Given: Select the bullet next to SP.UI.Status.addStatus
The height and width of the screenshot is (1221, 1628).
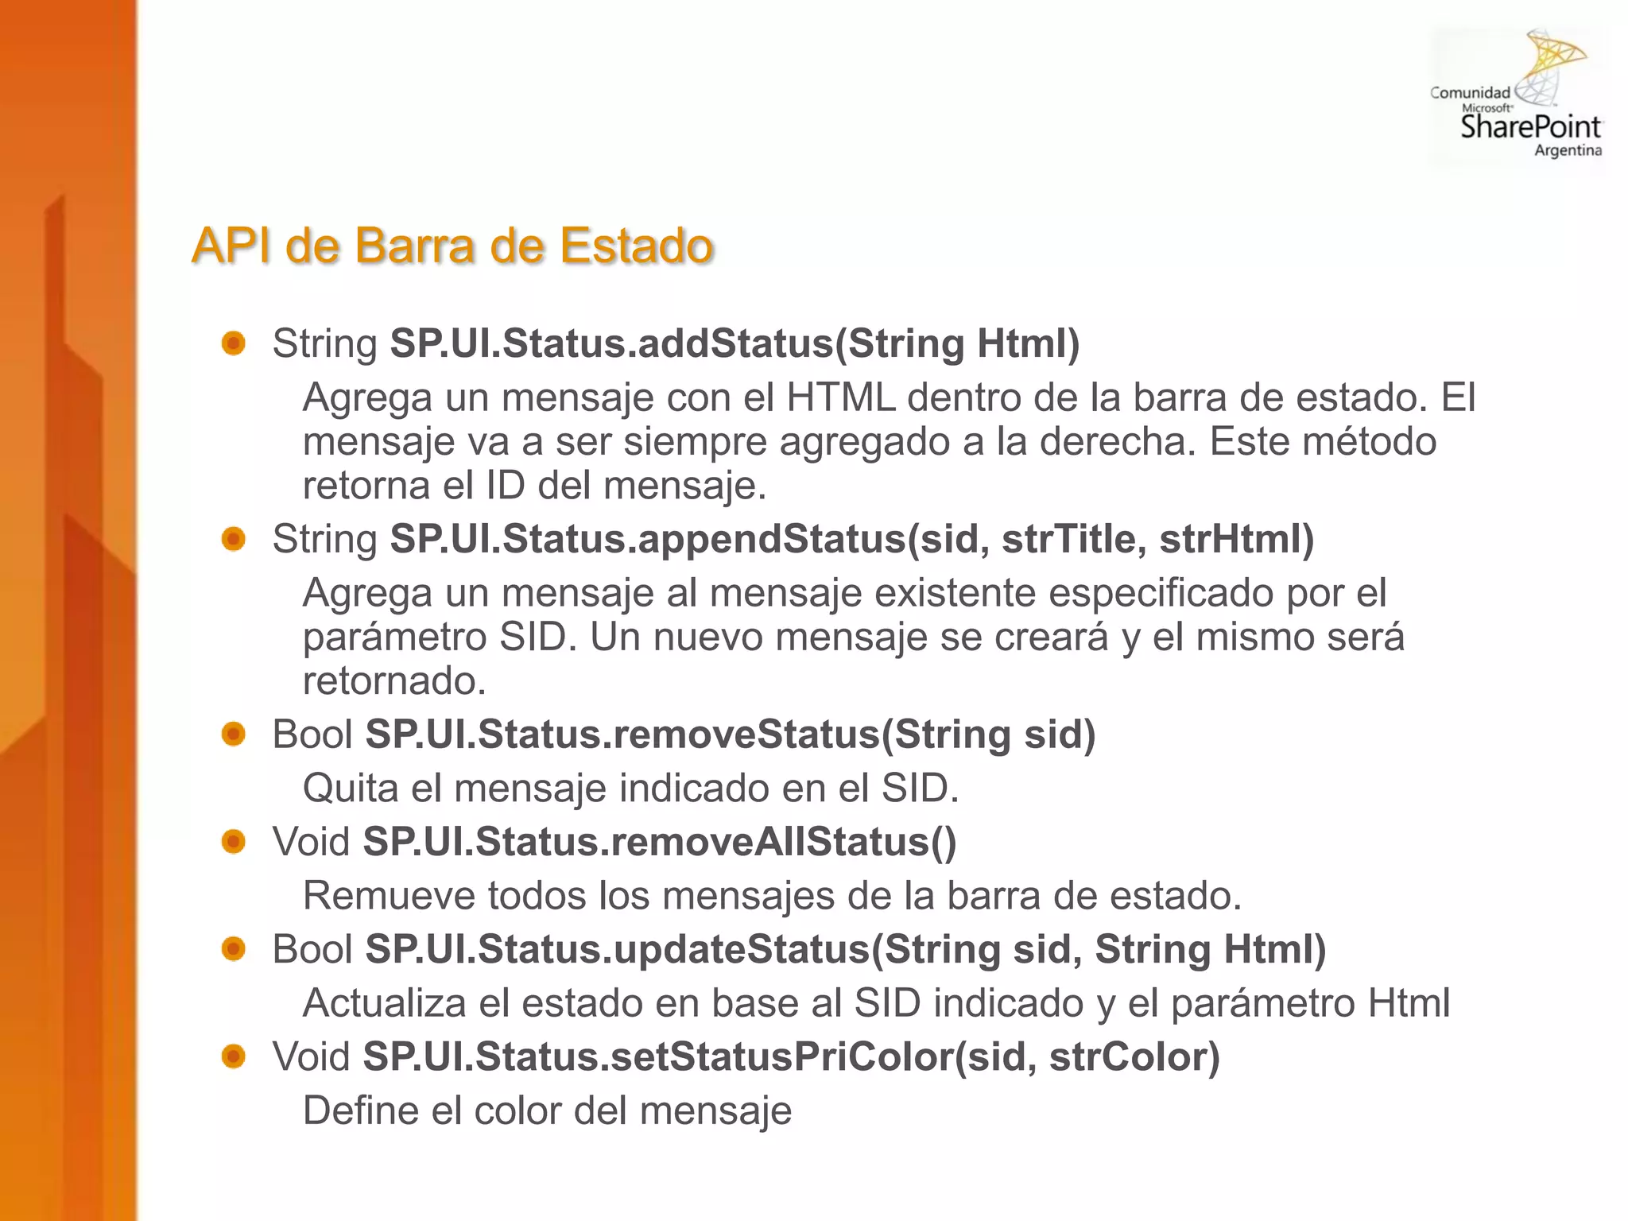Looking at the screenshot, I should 234,343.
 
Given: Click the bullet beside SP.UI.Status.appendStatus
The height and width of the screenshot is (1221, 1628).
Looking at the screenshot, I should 234,539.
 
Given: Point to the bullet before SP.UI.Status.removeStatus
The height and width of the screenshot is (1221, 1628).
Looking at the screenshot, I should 234,734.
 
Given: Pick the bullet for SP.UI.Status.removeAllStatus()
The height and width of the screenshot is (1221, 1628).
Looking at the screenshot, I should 234,841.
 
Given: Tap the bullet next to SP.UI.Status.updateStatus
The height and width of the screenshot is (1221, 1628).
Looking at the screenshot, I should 234,948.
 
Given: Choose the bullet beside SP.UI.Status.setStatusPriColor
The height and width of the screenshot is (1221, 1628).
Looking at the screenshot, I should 234,1056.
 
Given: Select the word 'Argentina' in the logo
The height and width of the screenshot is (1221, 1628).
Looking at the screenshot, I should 1568,150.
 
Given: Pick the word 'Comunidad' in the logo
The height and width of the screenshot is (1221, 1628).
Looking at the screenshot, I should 1470,93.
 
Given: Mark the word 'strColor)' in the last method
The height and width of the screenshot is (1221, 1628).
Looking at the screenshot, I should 1134,1056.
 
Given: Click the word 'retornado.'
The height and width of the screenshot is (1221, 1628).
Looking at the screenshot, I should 394,681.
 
